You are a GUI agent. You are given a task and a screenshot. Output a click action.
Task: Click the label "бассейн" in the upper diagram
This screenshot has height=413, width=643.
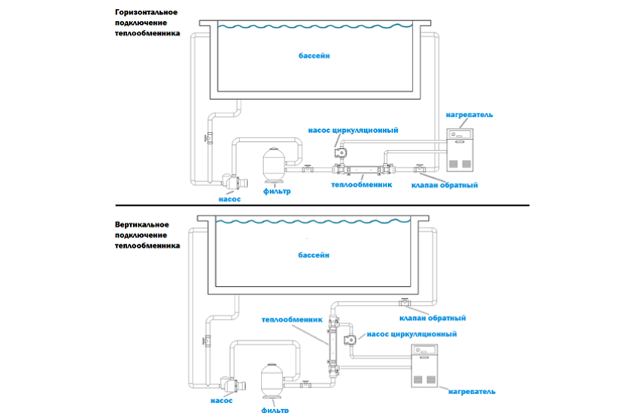point(314,56)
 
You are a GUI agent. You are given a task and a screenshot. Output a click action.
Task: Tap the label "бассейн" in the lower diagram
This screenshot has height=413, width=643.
point(314,255)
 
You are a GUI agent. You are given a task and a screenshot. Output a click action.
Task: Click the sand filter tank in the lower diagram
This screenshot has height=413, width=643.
point(272,381)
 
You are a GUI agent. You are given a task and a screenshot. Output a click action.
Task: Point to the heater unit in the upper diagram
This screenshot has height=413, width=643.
point(460,150)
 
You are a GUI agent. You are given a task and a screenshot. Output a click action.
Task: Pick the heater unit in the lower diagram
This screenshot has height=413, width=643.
point(424,366)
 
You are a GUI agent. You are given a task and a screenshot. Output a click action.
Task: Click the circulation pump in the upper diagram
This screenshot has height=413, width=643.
point(341,152)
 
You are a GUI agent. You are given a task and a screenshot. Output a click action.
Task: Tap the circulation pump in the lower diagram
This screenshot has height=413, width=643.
point(350,340)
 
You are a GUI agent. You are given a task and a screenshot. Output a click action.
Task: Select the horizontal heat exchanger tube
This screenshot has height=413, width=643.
point(363,169)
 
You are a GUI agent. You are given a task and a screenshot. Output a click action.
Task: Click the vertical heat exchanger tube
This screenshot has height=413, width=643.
point(333,347)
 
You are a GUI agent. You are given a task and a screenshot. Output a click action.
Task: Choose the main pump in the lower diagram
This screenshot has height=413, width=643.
point(232,384)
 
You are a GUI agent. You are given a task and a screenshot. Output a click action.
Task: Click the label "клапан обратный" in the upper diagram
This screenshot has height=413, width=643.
point(444,185)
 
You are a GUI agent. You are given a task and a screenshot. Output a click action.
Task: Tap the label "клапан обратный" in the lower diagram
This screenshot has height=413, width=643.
point(432,318)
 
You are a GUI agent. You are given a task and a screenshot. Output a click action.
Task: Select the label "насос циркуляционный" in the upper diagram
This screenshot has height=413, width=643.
point(353,130)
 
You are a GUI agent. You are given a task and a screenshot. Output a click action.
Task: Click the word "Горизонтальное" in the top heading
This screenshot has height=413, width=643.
point(146,12)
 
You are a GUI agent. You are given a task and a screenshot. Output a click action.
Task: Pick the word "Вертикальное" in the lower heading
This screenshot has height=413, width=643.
point(142,225)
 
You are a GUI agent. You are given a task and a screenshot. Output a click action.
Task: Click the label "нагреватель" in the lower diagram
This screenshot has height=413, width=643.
point(472,392)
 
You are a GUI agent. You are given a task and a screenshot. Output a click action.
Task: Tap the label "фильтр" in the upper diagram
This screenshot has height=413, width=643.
point(277,191)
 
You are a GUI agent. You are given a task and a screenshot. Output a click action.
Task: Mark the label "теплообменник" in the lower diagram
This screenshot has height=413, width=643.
point(292,320)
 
